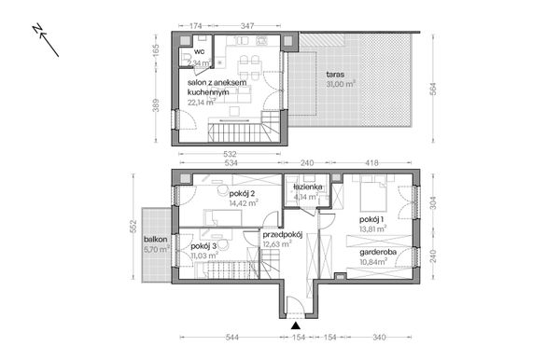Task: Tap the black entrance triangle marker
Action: pyautogui.click(x=296, y=326)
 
